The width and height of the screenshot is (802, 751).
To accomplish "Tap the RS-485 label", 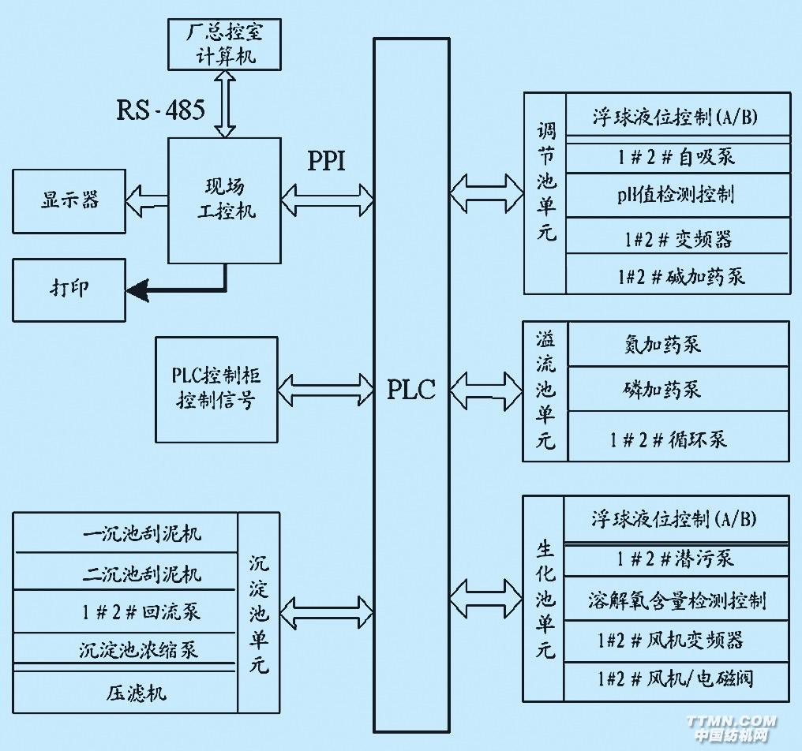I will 160,110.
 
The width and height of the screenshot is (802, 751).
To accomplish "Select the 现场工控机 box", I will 225,200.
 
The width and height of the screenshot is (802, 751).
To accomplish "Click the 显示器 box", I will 69,200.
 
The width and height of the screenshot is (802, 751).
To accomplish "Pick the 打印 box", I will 69,290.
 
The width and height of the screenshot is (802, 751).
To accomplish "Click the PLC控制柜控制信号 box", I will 216,389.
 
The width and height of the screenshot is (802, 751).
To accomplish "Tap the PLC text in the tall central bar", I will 410,389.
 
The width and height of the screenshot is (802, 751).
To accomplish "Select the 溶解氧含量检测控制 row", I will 676,601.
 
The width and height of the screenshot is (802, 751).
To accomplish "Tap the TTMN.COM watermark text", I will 731,720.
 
